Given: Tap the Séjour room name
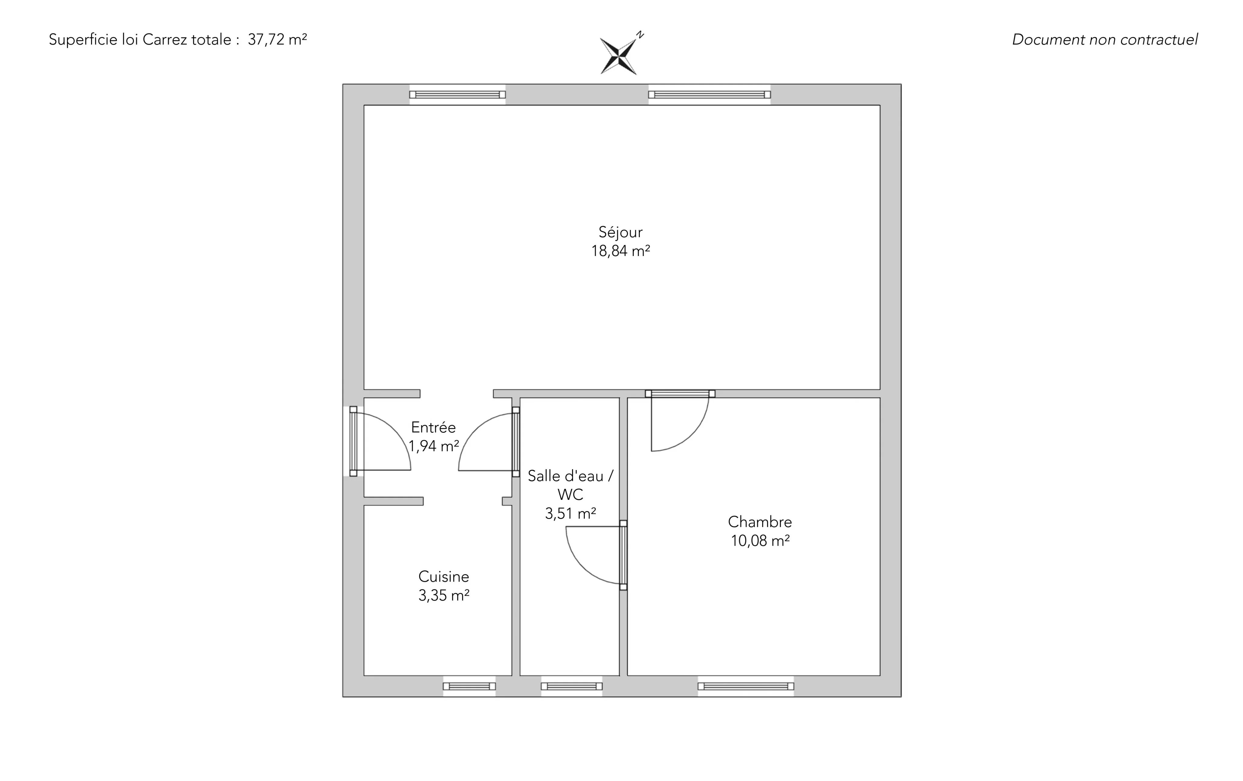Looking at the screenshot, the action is pyautogui.click(x=621, y=232).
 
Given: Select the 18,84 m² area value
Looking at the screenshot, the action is pyautogui.click(x=621, y=251).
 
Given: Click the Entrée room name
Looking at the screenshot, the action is pyautogui.click(x=434, y=427).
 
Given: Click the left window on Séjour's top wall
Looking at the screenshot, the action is pyautogui.click(x=457, y=94).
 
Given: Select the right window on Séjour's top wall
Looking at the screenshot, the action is pyautogui.click(x=710, y=94).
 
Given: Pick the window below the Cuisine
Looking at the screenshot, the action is pyautogui.click(x=469, y=687).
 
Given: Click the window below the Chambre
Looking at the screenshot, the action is pyautogui.click(x=746, y=687).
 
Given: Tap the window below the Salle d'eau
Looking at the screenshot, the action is pyautogui.click(x=571, y=687).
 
